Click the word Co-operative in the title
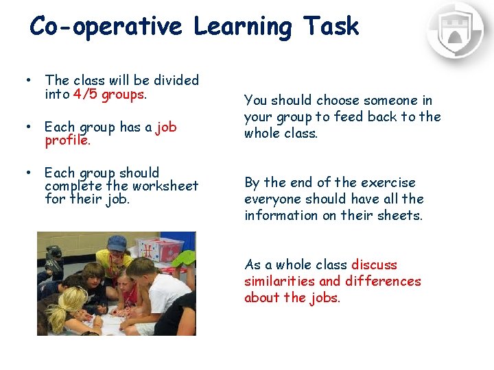(106, 27)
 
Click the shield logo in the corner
(456, 30)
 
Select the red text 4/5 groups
(108, 95)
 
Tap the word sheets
(401, 216)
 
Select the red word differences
(383, 282)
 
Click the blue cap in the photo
(117, 243)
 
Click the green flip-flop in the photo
(184, 258)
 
